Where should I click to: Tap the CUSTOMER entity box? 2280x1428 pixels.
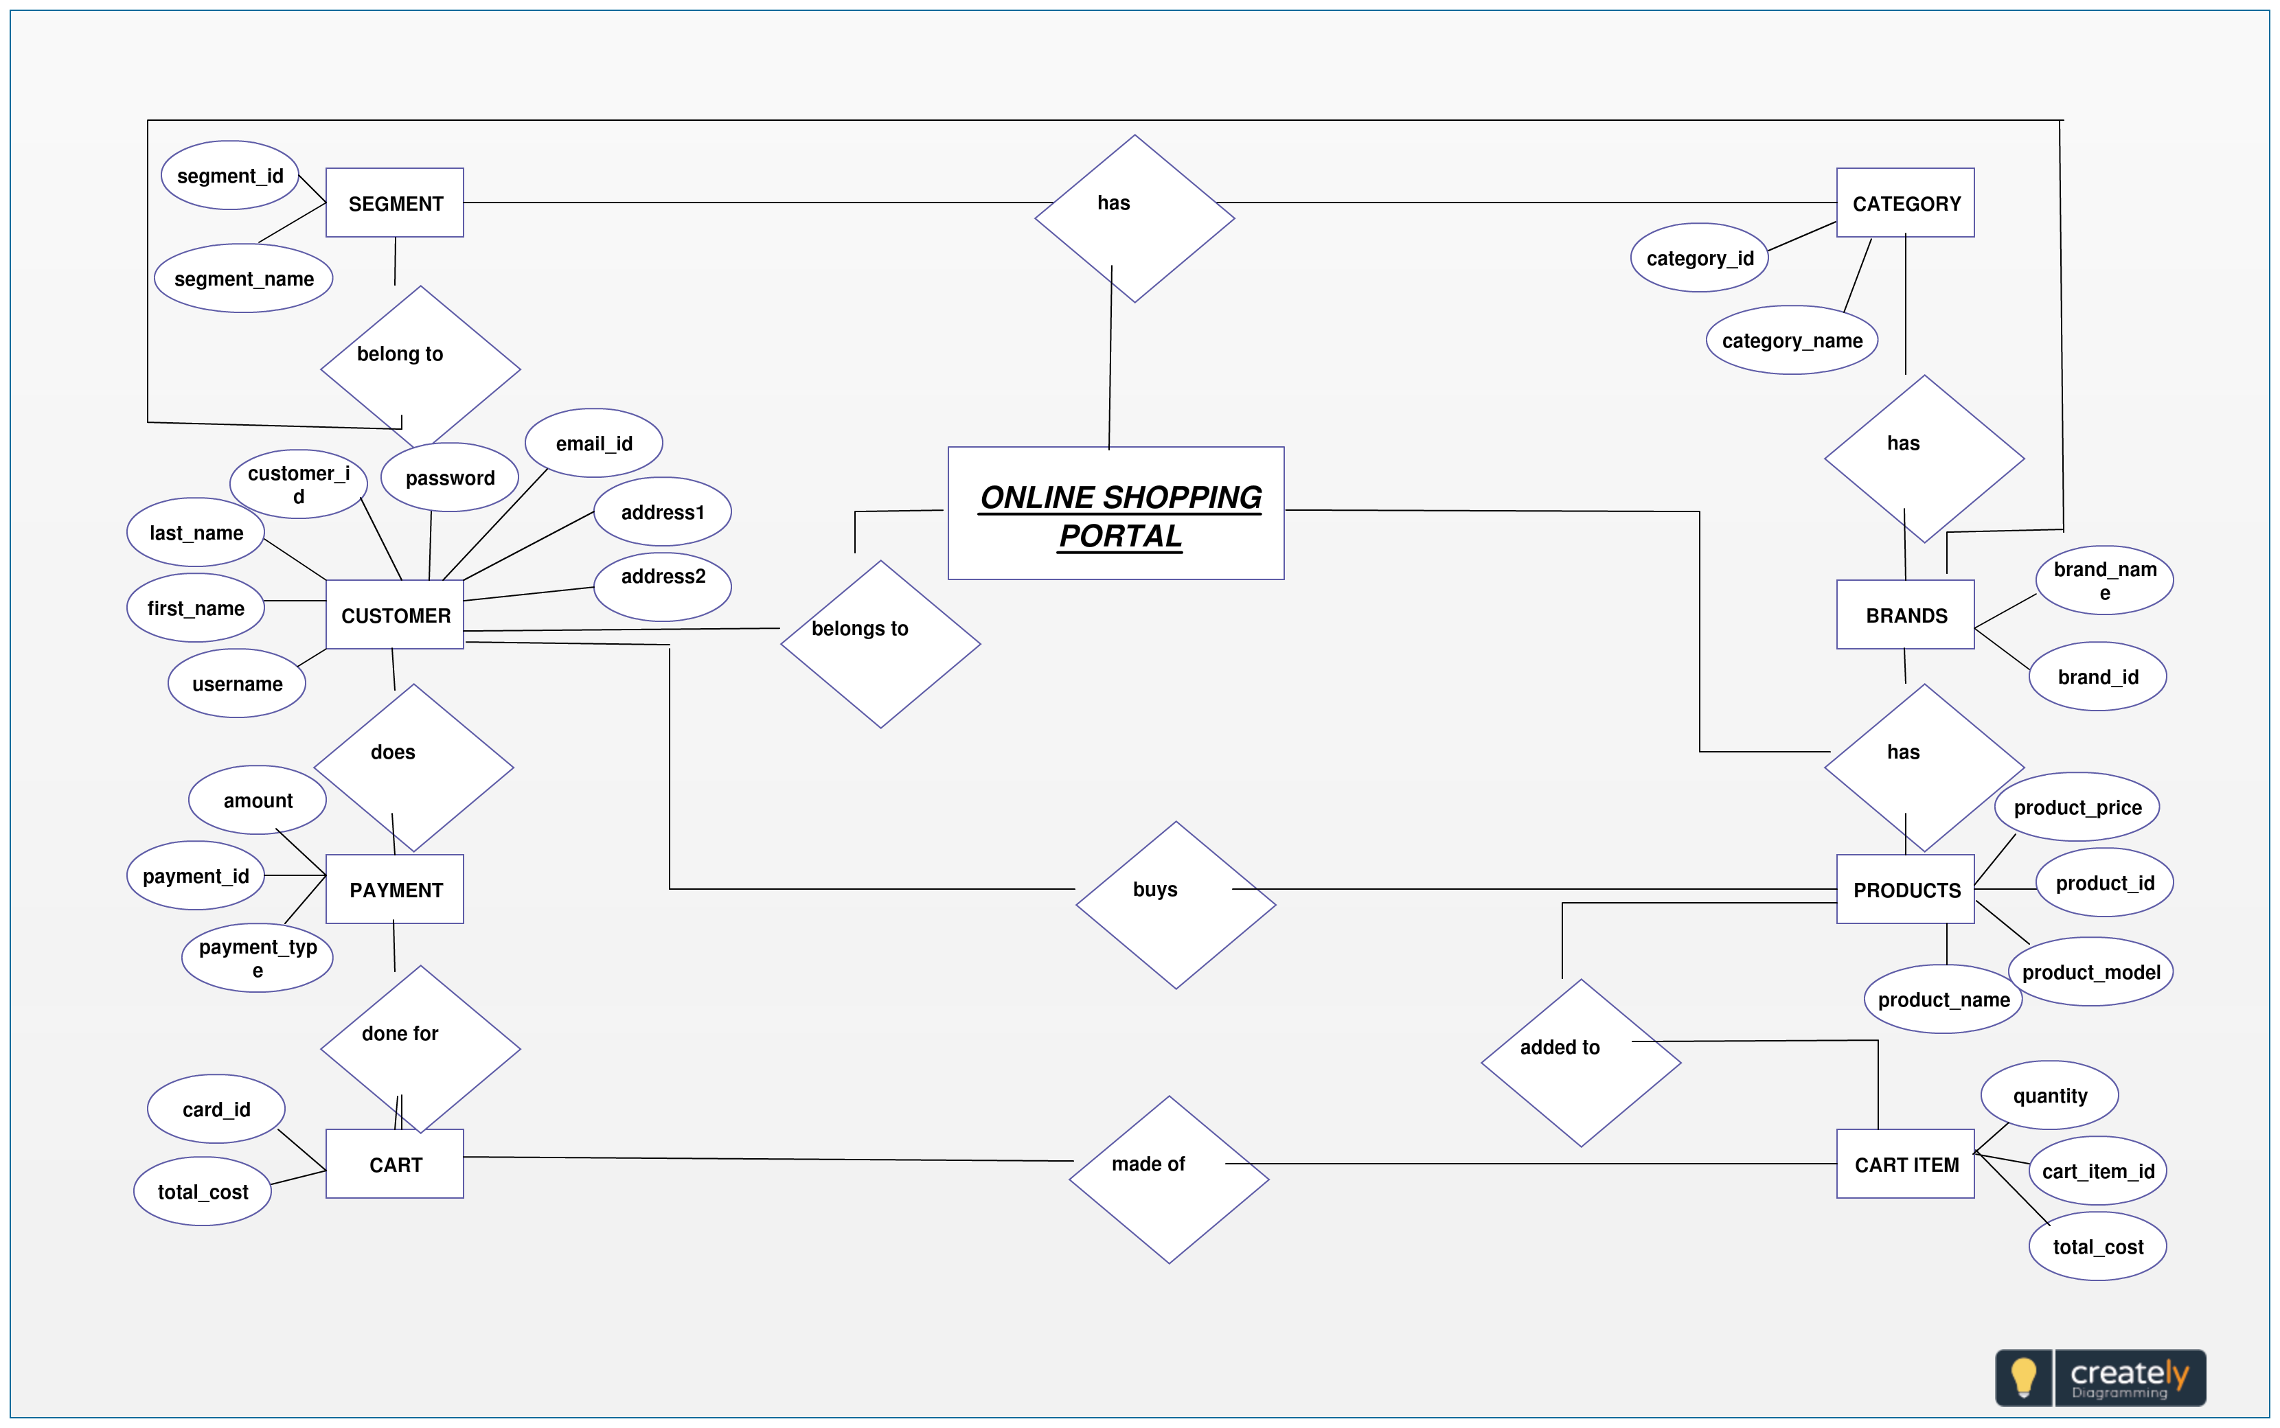395,615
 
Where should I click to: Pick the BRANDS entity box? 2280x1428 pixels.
1905,615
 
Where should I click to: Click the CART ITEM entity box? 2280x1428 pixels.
1905,1164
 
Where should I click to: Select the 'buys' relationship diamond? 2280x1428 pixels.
1176,905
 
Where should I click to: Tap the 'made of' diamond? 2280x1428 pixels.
1170,1179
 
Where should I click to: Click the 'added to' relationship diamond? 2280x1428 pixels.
1581,1063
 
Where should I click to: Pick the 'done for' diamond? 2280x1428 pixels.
420,1048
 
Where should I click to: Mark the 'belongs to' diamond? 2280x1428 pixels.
880,644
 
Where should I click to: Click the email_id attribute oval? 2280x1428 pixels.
594,443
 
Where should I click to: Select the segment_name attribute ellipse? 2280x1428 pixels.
244,279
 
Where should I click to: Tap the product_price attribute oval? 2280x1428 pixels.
2077,807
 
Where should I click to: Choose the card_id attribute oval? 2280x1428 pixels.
216,1109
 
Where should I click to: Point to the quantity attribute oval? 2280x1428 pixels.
2049,1096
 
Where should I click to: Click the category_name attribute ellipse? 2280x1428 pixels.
1792,340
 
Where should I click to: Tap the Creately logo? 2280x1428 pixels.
2101,1378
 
